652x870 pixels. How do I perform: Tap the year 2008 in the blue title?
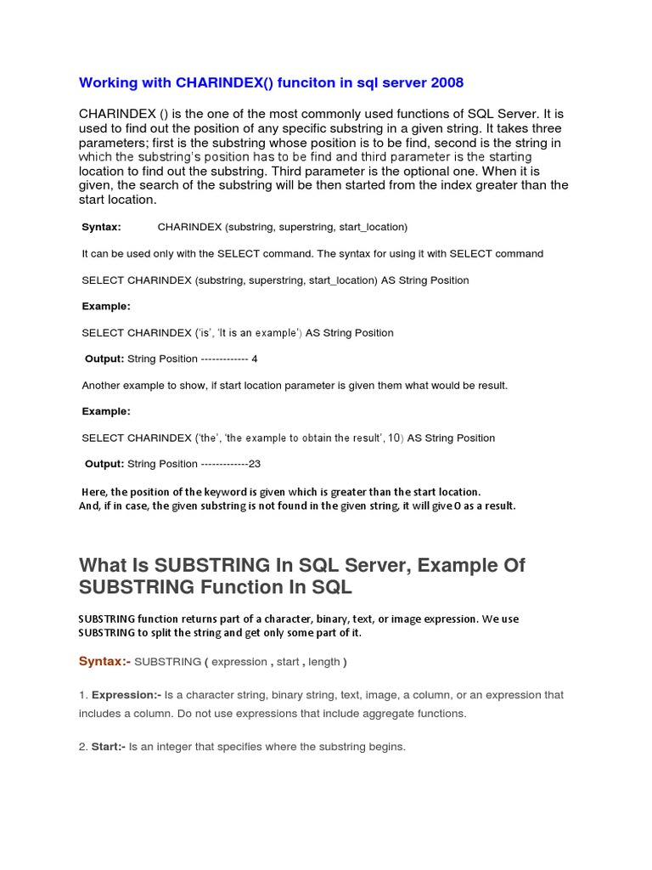445,82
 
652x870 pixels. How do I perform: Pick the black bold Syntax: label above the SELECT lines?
101,227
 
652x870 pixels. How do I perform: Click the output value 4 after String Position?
255,359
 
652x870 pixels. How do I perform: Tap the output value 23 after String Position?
254,464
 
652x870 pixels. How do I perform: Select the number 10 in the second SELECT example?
394,438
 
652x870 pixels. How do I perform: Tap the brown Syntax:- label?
104,662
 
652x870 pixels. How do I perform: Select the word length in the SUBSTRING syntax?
323,662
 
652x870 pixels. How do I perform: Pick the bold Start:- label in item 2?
109,747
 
